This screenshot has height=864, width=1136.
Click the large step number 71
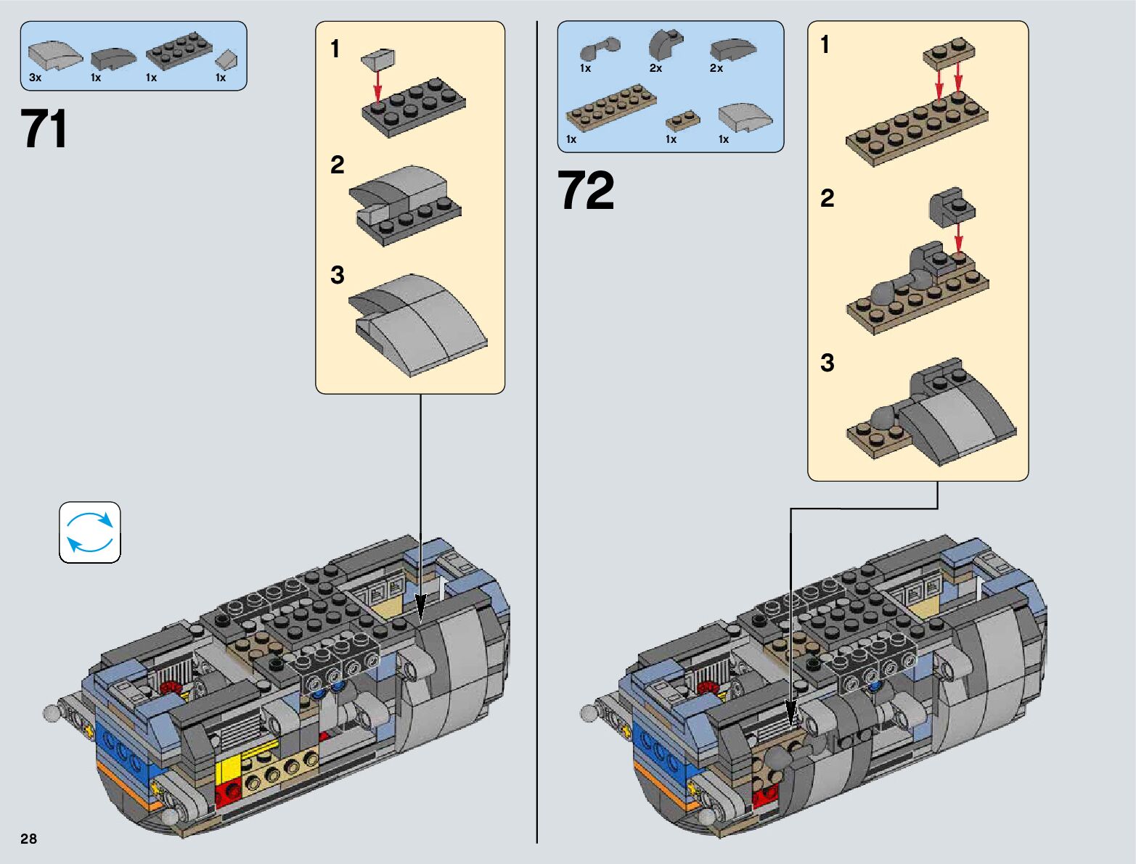[x=44, y=128]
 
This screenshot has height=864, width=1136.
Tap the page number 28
[x=29, y=838]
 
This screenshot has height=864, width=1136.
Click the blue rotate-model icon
[x=89, y=532]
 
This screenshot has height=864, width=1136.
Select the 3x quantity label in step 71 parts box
[x=35, y=78]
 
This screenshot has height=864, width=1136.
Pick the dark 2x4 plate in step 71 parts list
[x=179, y=51]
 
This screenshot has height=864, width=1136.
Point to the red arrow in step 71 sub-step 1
[x=377, y=86]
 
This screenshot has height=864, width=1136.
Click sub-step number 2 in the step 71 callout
[x=337, y=165]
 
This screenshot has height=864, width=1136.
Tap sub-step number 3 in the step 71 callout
[x=338, y=275]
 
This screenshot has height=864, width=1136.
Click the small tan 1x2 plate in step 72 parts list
[x=682, y=120]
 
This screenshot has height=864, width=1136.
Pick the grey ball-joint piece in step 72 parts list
[x=600, y=49]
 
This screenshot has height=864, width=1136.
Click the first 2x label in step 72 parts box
[x=655, y=68]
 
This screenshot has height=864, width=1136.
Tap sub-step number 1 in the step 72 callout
[x=825, y=44]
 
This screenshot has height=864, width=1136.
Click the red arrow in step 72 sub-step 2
[x=958, y=238]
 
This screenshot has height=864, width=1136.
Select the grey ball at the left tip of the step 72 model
[x=589, y=714]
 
